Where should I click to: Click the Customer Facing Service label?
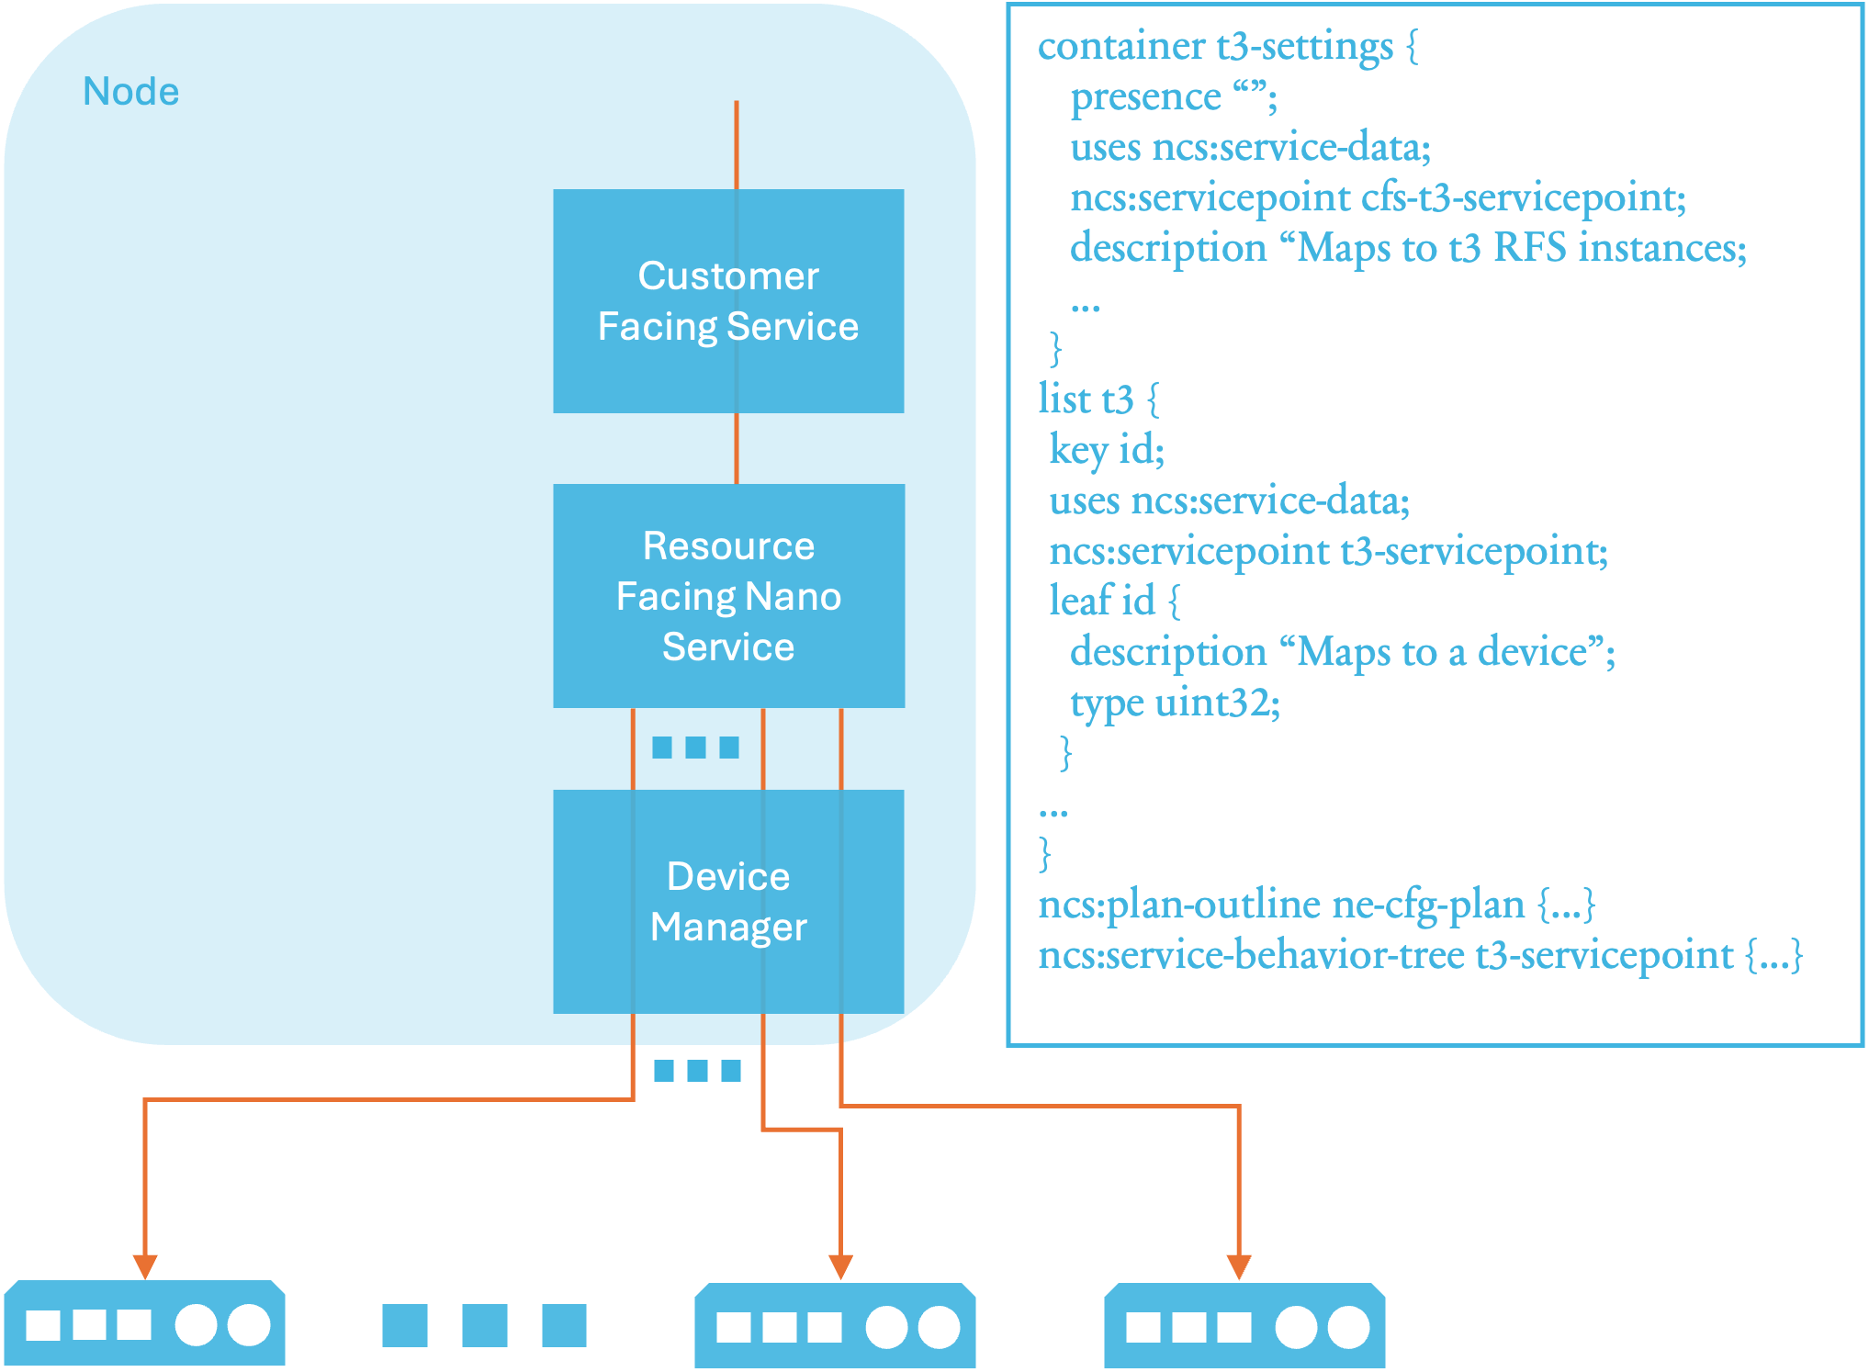coord(728,301)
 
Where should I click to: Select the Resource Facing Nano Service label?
coord(728,596)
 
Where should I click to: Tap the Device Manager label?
coord(728,902)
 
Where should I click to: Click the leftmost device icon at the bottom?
coord(145,1323)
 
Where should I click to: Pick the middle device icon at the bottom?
coord(835,1325)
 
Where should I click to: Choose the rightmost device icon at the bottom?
coord(1244,1325)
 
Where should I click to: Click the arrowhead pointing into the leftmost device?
coord(145,1266)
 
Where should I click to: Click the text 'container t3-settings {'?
coord(1228,46)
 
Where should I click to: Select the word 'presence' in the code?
coord(1146,96)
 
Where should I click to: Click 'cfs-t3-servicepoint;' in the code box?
coord(1524,197)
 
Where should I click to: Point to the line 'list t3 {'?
coord(1098,399)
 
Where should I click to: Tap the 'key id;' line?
coord(1107,450)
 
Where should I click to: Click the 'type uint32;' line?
coord(1175,703)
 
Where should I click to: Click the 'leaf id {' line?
coord(1114,602)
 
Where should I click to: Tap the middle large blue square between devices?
coord(484,1325)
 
